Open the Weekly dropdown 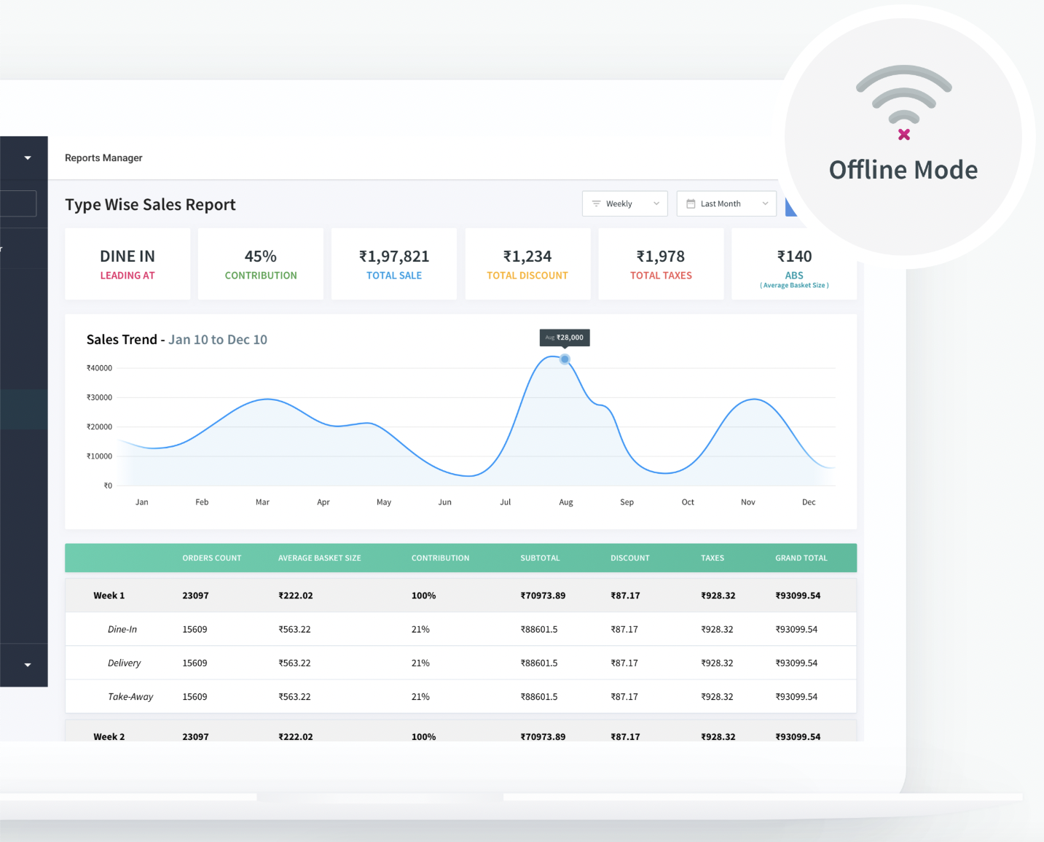point(624,204)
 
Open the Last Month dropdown point(726,204)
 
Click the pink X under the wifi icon point(904,134)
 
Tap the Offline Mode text point(903,170)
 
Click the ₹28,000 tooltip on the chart point(565,338)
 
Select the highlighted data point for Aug point(565,359)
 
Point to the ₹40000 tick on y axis point(100,368)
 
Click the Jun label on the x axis point(444,502)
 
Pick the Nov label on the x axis point(747,502)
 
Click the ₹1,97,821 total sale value point(394,257)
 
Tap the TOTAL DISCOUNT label point(527,276)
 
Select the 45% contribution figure point(260,257)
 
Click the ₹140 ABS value point(794,257)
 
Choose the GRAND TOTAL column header point(801,558)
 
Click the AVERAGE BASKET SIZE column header point(319,558)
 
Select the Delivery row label point(124,663)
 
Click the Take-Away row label point(130,697)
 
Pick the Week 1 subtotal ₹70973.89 point(543,596)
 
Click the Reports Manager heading point(103,158)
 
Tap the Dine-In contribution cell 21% point(420,630)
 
